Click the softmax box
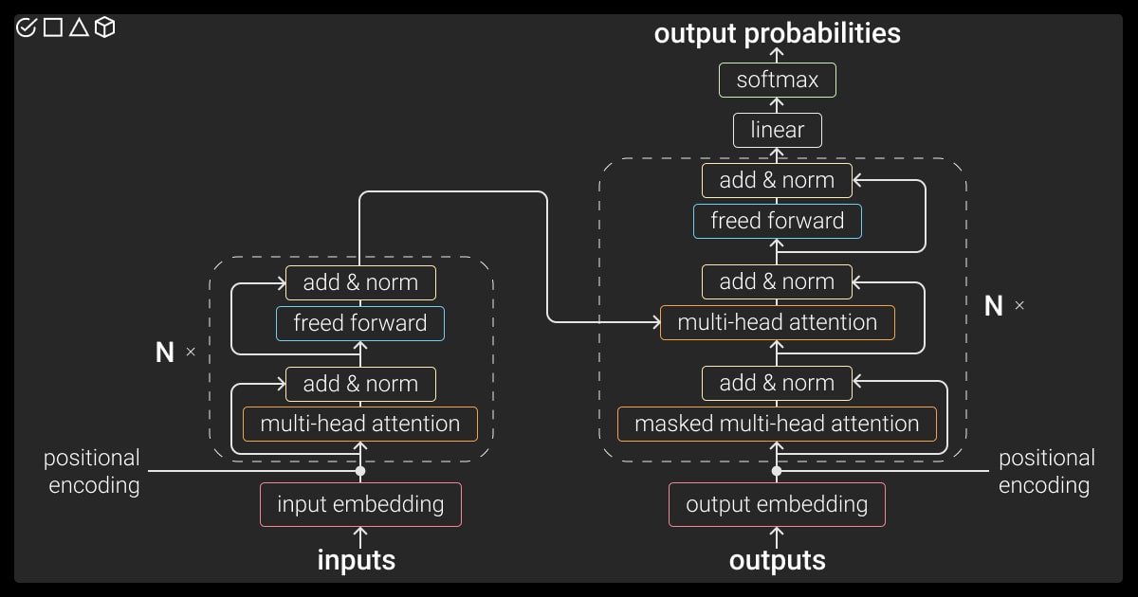(x=777, y=80)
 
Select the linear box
(x=777, y=130)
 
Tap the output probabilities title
(x=777, y=34)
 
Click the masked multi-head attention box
(x=777, y=424)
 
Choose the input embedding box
(x=360, y=504)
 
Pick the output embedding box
(x=777, y=504)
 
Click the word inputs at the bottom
(x=356, y=560)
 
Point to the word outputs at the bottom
(x=777, y=560)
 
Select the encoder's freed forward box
(x=360, y=323)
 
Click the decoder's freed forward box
(x=777, y=221)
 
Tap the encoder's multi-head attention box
(x=360, y=424)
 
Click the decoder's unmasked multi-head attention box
(x=777, y=322)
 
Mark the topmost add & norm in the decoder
(x=777, y=180)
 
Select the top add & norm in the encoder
(x=360, y=282)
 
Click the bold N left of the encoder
(x=165, y=353)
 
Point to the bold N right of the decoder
(x=994, y=306)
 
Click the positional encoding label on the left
(x=93, y=472)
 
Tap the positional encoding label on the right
(x=1046, y=472)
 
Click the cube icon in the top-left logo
(x=105, y=27)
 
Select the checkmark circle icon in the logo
(x=27, y=27)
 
